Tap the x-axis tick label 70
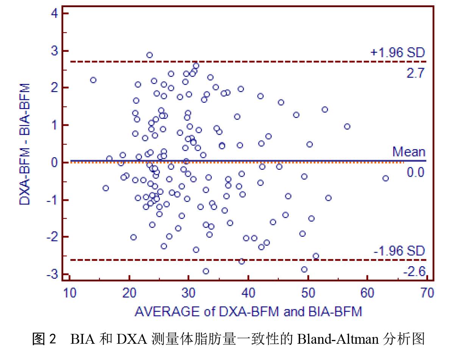[427, 293]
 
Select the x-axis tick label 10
[70, 293]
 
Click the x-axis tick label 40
[248, 293]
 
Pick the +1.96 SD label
[397, 53]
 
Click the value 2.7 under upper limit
[416, 73]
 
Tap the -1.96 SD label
[399, 251]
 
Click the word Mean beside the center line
[409, 152]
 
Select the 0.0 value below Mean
[416, 172]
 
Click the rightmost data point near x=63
[385, 178]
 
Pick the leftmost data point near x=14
[93, 80]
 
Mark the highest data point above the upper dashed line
[150, 55]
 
